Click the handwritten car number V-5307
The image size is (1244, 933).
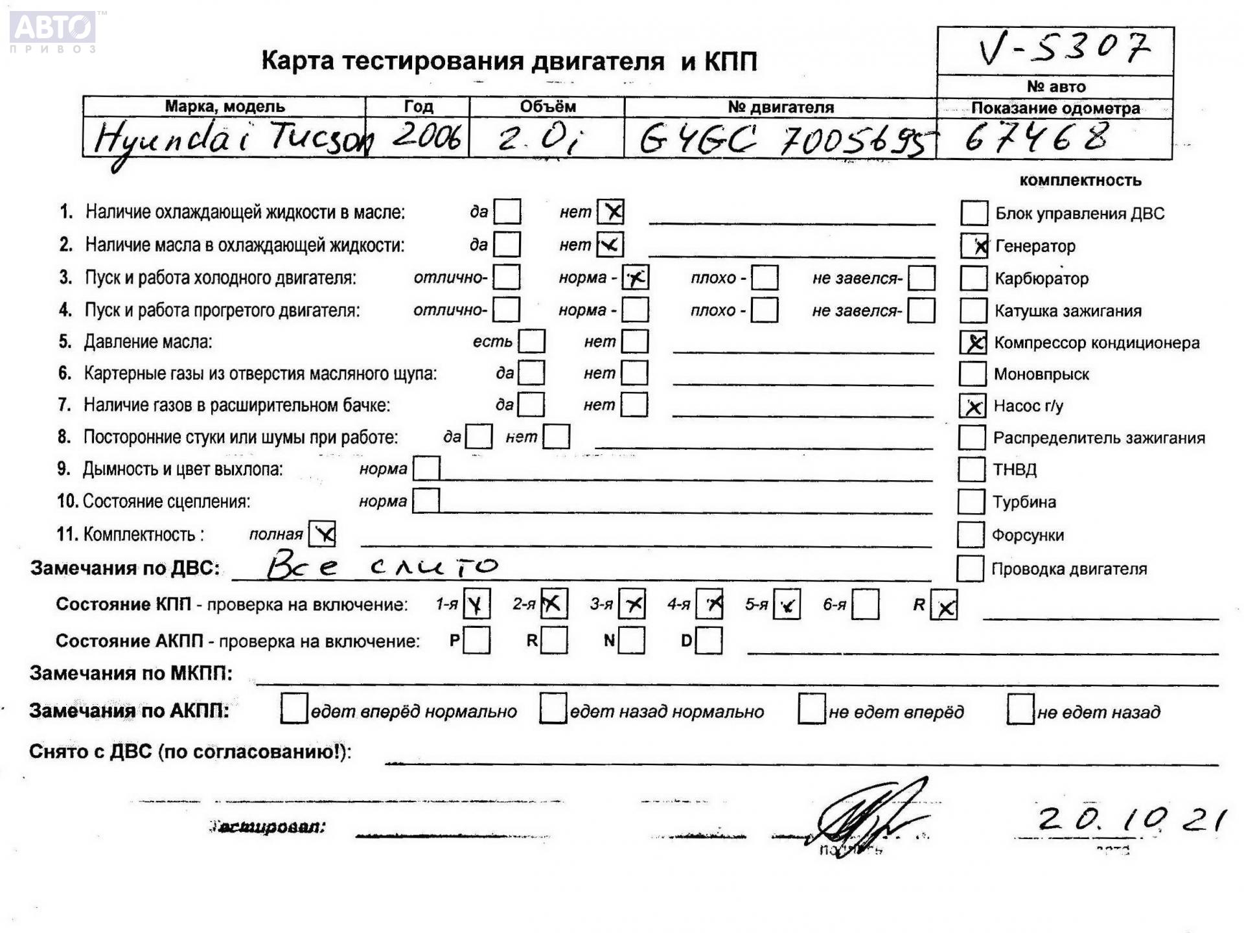pos(1063,49)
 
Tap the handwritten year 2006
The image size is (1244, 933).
pos(427,137)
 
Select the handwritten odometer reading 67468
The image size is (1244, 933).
pos(1037,139)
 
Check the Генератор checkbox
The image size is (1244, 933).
pos(974,246)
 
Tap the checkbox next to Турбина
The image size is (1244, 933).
pos(971,501)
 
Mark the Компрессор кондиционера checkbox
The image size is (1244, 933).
pos(973,342)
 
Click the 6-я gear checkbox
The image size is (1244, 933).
pos(866,605)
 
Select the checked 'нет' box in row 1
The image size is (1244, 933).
pos(610,211)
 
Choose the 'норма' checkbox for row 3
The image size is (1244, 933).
pos(635,277)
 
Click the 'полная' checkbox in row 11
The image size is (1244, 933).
pos(322,534)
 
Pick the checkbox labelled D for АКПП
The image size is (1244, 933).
pos(709,641)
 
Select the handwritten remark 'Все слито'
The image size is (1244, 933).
pos(382,566)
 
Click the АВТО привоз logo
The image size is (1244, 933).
pos(53,31)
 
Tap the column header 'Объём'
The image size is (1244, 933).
pos(547,106)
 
